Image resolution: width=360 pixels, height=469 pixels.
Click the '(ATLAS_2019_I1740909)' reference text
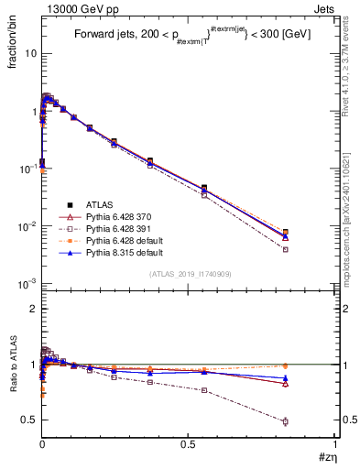[x=189, y=273]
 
